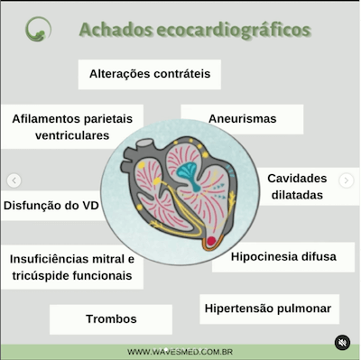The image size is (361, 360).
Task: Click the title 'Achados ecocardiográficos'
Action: coord(195,29)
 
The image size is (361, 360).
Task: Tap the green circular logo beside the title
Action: coord(38,29)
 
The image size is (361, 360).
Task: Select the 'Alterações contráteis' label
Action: coord(150,74)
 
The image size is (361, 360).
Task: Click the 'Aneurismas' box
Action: coord(242,118)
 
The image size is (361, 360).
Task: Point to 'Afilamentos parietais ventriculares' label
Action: coord(71,127)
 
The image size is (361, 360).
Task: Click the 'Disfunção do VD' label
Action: coord(51,206)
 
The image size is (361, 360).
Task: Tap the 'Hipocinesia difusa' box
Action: coord(282,256)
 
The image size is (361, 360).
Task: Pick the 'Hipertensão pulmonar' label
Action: coord(268,309)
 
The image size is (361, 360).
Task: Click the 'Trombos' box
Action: coord(111,319)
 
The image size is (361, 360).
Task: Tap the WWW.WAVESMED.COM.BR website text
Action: coord(180,352)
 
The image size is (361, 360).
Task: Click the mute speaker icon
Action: coord(342,342)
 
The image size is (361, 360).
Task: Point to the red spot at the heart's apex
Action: coord(211,241)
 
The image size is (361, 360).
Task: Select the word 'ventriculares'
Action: coord(71,136)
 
